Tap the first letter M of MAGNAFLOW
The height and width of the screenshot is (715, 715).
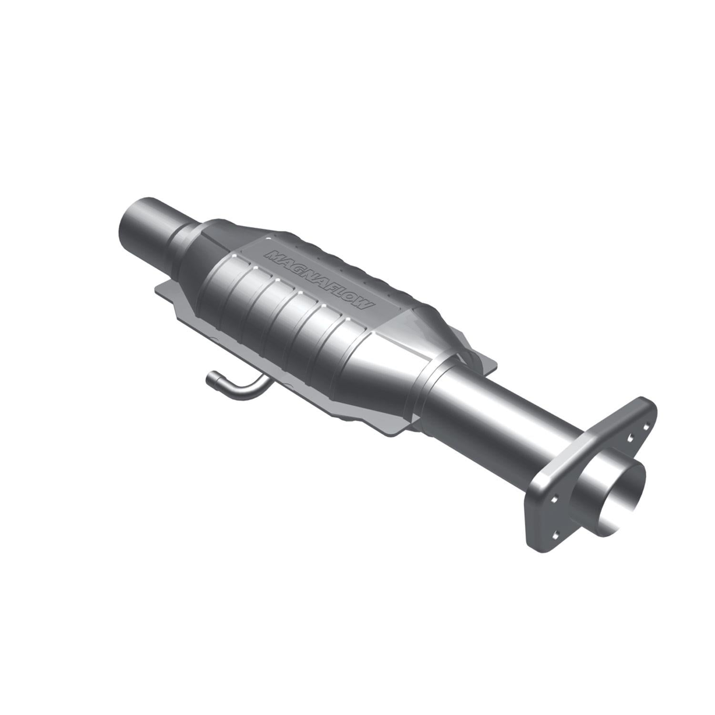[274, 255]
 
